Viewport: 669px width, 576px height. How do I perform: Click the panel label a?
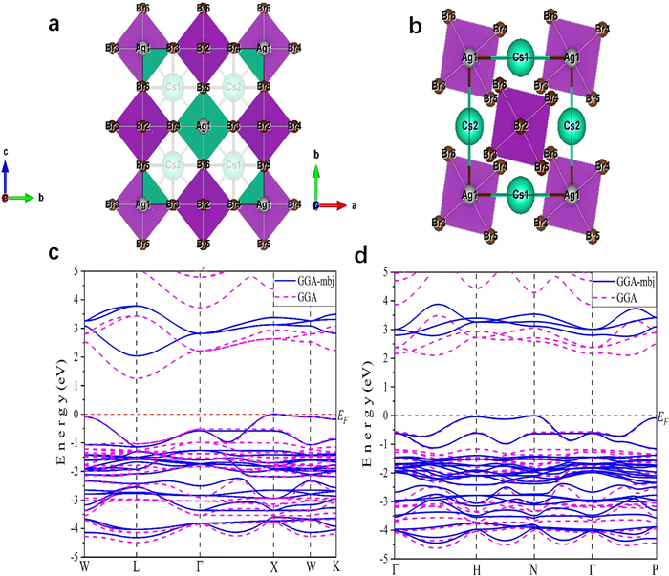(x=54, y=26)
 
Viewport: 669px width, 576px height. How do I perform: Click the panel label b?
(x=417, y=26)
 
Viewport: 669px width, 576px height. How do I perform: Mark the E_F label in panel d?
(x=662, y=418)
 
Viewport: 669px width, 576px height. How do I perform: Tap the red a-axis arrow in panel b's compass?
(x=337, y=204)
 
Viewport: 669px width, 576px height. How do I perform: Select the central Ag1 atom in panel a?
(x=202, y=125)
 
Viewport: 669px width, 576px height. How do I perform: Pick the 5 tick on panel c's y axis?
(x=76, y=272)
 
